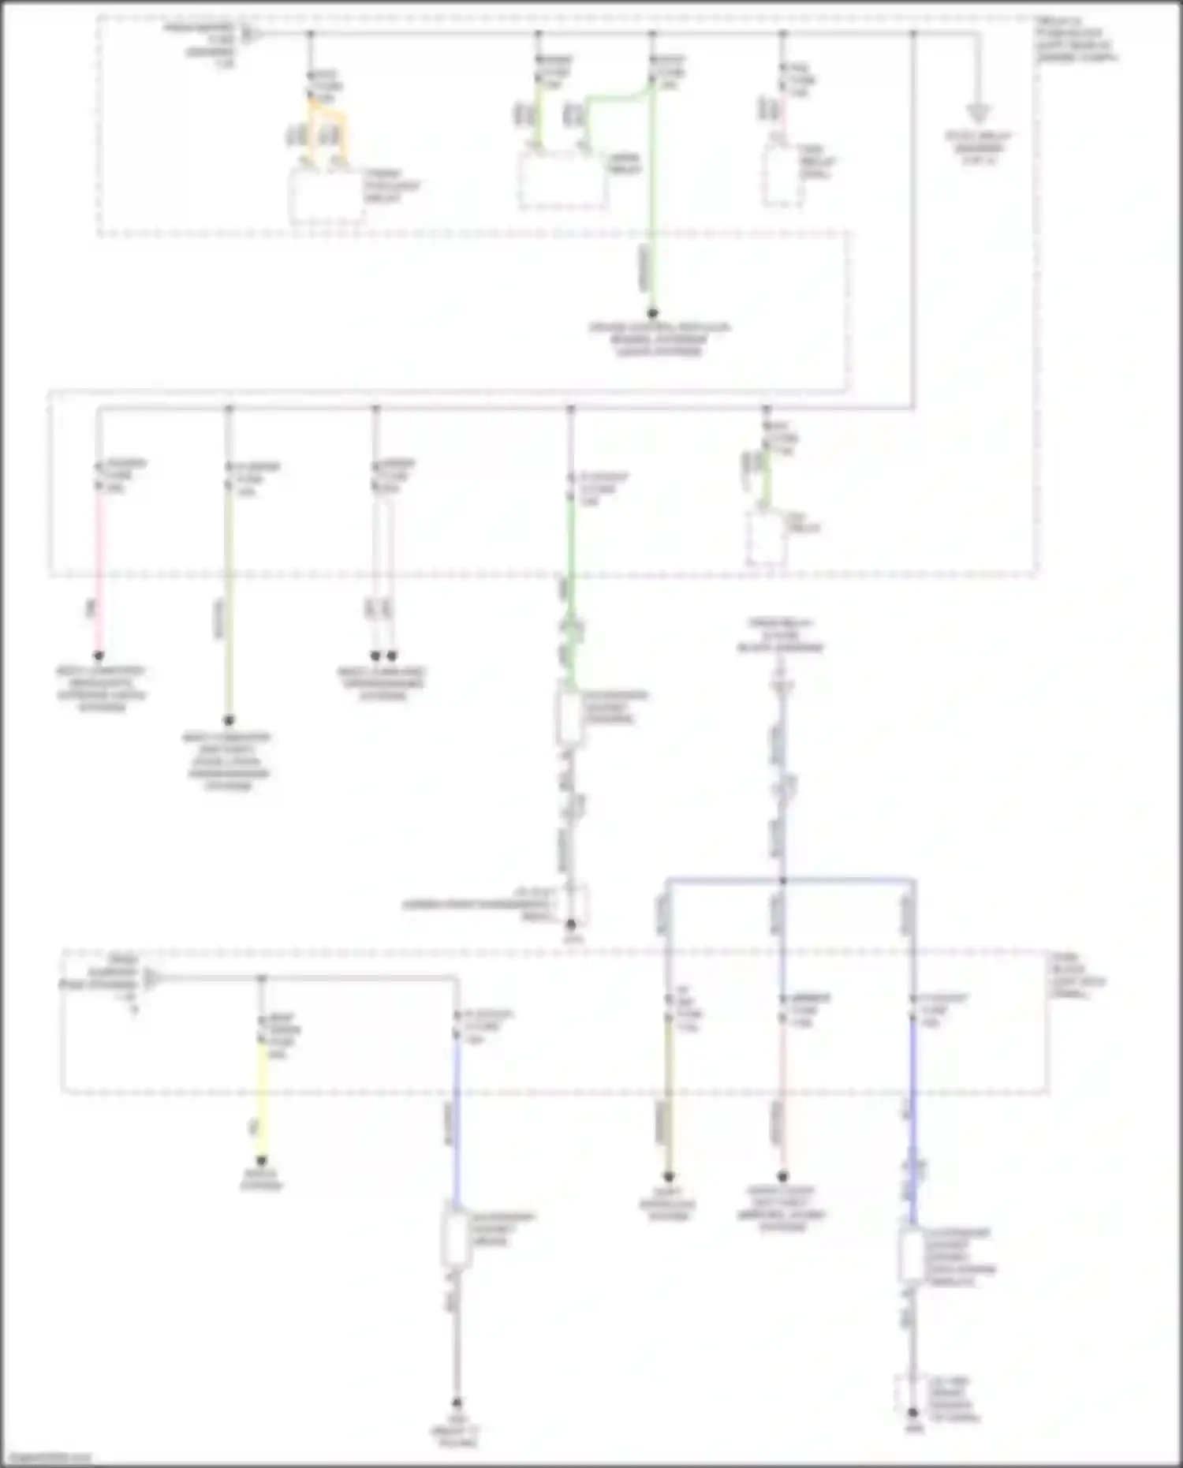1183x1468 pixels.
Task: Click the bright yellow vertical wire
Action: click(x=261, y=1096)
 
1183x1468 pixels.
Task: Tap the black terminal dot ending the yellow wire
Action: click(x=261, y=1160)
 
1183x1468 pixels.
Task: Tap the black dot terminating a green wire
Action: click(x=652, y=313)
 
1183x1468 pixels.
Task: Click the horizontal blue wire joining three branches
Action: click(x=789, y=880)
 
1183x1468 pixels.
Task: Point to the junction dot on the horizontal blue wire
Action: click(x=782, y=880)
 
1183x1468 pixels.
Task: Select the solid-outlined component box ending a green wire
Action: click(x=569, y=715)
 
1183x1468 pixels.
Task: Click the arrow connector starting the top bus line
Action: click(x=248, y=34)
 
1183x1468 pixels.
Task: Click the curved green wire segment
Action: click(x=619, y=99)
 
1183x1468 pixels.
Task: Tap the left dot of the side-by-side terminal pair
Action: click(x=376, y=656)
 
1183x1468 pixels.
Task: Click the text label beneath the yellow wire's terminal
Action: click(x=261, y=1180)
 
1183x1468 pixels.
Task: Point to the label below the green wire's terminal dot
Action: click(x=659, y=339)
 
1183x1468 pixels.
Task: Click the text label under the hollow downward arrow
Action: click(x=978, y=148)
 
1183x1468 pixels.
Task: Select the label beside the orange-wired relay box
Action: click(x=391, y=185)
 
